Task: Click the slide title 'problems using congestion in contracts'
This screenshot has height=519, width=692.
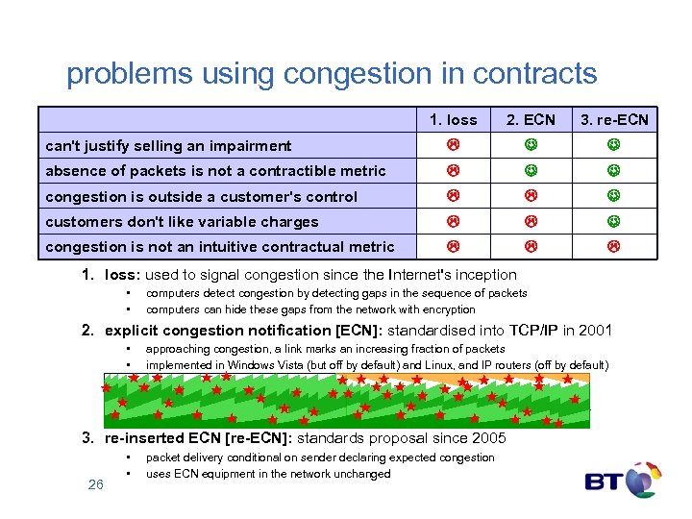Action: pos(332,74)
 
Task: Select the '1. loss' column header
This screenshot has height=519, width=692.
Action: pos(454,120)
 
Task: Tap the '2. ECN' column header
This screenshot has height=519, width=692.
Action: pos(531,120)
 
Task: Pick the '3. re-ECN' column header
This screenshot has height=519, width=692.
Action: pos(613,120)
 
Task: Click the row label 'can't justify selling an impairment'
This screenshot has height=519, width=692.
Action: pos(168,146)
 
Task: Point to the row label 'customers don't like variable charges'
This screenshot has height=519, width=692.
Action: pos(182,222)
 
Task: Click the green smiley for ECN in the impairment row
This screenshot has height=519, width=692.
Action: pos(531,145)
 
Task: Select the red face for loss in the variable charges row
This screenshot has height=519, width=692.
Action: pos(453,221)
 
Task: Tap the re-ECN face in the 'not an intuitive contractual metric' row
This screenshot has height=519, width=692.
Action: pos(612,246)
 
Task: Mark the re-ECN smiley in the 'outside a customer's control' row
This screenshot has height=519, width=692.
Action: pos(612,196)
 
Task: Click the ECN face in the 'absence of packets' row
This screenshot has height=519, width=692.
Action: pos(531,171)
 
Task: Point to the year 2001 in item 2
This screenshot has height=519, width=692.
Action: pos(593,331)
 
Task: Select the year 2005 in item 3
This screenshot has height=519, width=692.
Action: pos(487,439)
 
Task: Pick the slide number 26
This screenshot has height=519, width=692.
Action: pos(95,484)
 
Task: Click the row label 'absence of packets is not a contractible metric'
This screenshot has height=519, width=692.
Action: pos(215,171)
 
